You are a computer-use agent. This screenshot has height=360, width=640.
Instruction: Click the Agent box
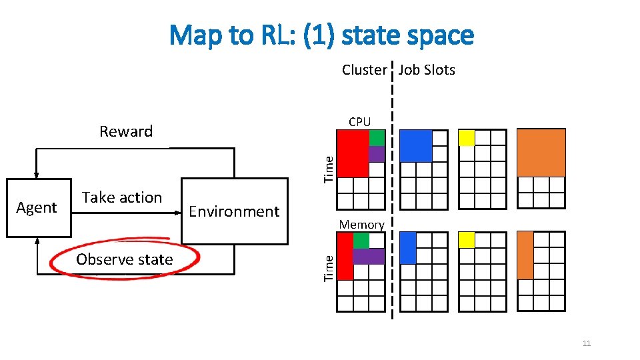coord(38,208)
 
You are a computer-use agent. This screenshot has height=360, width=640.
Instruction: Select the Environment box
coord(234,211)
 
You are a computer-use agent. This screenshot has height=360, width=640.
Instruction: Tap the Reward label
coord(126,131)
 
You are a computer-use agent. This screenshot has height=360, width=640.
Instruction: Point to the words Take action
coord(122,197)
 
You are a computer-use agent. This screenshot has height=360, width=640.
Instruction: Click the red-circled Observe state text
coord(125,259)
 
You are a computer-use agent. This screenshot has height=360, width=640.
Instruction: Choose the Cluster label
coord(364,70)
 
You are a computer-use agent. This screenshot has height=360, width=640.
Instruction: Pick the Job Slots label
coord(427,70)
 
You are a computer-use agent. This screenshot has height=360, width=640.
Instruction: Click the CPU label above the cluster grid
coord(359,121)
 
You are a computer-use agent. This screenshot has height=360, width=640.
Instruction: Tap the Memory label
coord(361,225)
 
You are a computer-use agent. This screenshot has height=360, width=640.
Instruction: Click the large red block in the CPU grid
coord(353,153)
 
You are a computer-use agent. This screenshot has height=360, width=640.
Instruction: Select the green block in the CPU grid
coord(377,138)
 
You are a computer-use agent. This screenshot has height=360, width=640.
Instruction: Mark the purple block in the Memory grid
coord(369,256)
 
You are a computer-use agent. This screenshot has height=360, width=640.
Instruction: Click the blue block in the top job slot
coord(417,145)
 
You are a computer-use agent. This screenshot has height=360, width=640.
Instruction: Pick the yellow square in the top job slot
coord(467,138)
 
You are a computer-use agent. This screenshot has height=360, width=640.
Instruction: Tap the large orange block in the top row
coord(541,153)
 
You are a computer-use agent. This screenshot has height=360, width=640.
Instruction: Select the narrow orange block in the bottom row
coord(525,255)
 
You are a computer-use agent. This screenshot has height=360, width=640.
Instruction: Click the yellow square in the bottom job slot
coord(467,239)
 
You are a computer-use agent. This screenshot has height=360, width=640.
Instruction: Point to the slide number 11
coord(587,343)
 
